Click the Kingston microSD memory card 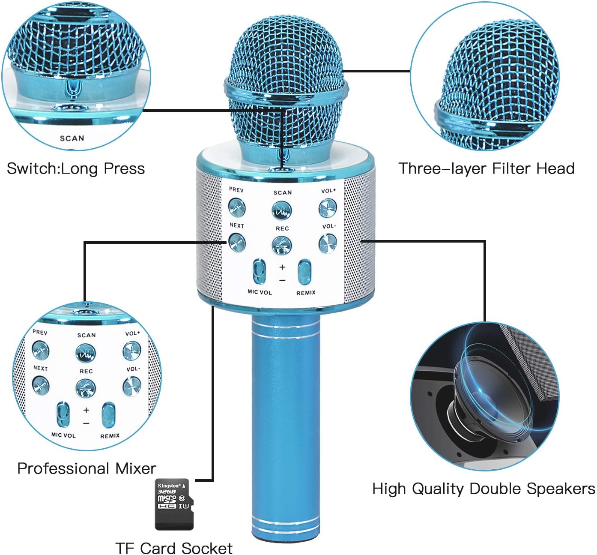(173, 504)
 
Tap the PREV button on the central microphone (236, 207)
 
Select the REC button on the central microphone (282, 245)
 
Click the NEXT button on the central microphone (236, 242)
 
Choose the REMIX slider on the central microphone (304, 272)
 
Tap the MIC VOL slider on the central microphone (259, 271)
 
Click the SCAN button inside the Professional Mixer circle (86, 353)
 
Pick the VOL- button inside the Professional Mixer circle (131, 386)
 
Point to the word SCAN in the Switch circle (72, 138)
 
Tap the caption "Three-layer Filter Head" (487, 168)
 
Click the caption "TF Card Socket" (174, 548)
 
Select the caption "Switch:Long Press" (76, 168)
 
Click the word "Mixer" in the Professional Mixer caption (136, 468)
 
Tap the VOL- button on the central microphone (328, 243)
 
